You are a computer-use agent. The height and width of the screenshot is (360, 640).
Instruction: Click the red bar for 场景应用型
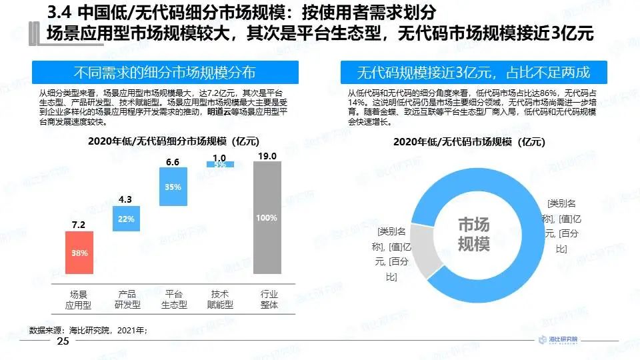click(79, 253)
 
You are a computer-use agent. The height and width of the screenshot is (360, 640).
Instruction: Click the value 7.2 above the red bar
click(79, 225)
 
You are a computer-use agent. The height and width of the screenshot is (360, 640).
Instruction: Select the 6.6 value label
click(173, 162)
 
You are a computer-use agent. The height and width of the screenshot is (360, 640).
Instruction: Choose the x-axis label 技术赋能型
click(220, 299)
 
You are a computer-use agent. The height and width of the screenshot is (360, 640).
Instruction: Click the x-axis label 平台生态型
click(173, 299)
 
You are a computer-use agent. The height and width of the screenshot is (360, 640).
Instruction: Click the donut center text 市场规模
click(473, 235)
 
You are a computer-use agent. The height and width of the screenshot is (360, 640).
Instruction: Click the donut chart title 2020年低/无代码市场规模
click(469, 141)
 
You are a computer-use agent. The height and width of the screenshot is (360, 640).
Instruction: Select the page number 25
click(63, 342)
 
